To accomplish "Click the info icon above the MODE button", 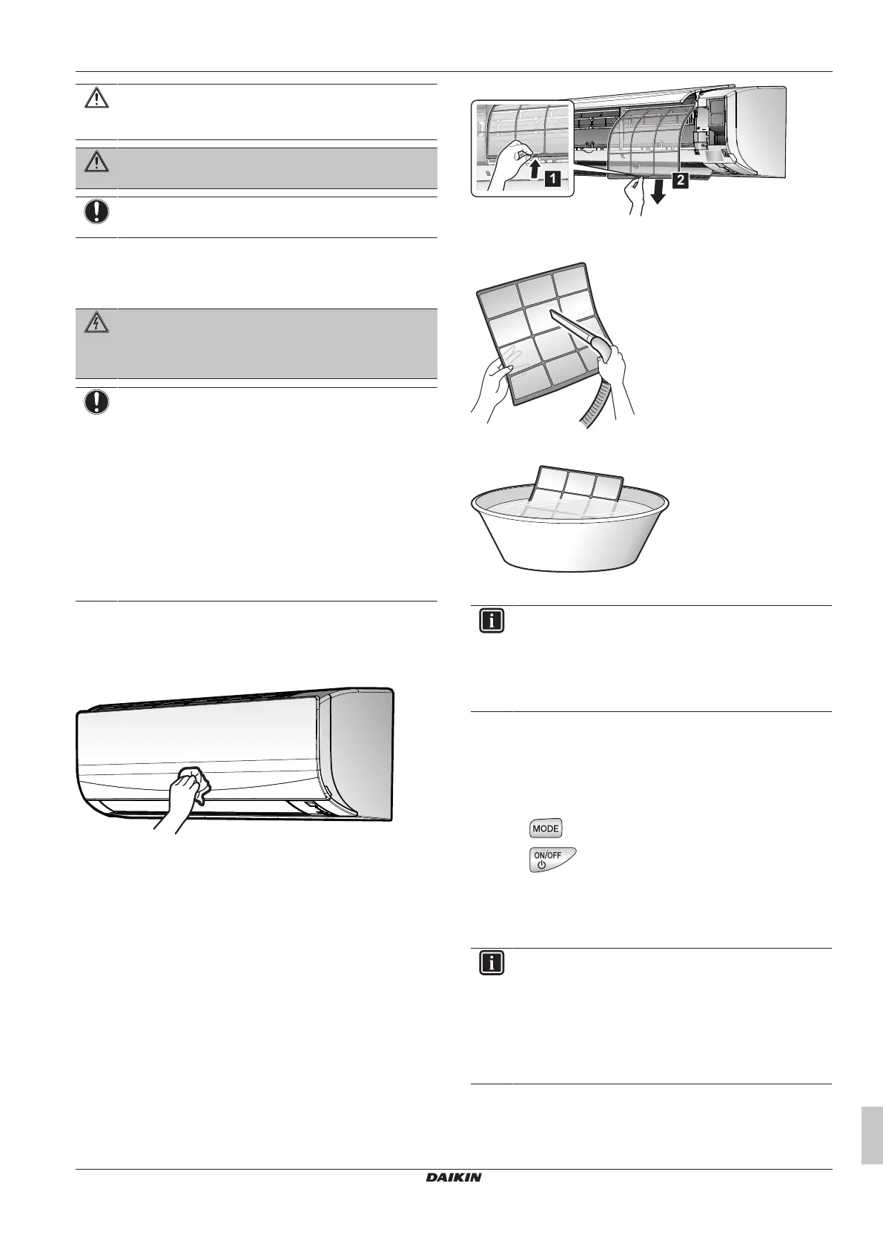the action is click(x=492, y=621).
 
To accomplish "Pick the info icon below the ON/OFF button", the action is click(x=492, y=963).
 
